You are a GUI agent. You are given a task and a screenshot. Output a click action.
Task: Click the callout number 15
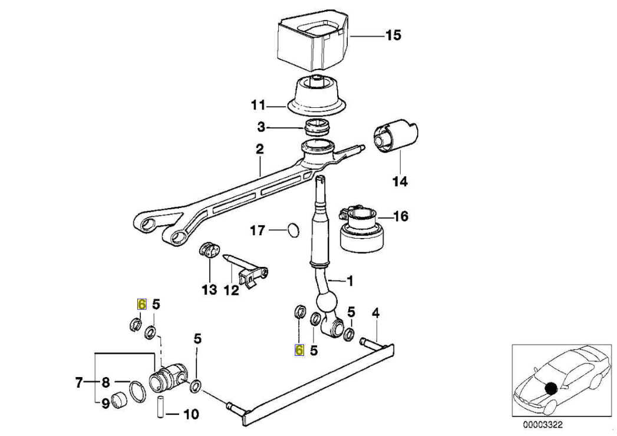pos(392,36)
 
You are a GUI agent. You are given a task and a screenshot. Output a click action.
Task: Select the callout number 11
pos(258,107)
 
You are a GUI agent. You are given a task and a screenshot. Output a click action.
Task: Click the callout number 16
pos(400,217)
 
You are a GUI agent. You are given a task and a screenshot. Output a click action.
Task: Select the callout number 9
pos(105,404)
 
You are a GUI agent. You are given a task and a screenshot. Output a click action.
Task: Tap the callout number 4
pos(375,313)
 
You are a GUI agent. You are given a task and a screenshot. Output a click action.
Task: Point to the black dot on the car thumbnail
pos(551,388)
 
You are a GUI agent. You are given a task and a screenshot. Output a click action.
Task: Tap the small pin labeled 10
pos(159,407)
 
